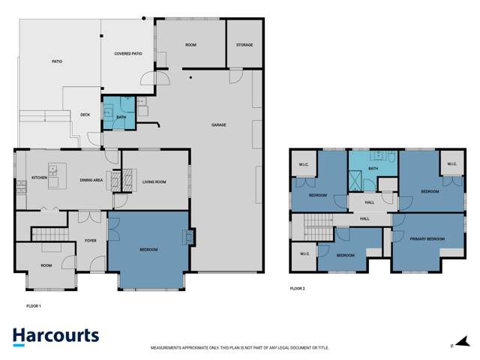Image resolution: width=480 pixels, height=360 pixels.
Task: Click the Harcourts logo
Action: point(56,336)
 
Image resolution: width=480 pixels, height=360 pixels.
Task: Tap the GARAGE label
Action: point(218,125)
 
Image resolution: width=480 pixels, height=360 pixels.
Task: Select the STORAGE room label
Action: point(244,45)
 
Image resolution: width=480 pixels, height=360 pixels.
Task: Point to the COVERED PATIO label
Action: point(128,54)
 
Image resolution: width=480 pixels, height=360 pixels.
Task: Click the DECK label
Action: point(85,115)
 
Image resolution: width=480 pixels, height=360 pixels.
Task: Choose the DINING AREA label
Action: point(91,181)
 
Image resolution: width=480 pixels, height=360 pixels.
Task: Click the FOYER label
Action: point(90,241)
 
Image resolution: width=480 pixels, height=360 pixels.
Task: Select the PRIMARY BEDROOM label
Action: point(427,239)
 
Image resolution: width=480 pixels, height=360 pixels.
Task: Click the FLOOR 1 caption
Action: point(34,306)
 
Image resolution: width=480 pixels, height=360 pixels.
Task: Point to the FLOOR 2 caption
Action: point(297,288)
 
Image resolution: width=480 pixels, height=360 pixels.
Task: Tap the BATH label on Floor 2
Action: point(372,169)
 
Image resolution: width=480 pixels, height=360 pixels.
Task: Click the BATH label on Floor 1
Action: point(121,118)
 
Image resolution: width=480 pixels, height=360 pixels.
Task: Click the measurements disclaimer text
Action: point(240,348)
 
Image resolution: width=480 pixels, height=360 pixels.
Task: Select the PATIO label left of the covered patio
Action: point(57,62)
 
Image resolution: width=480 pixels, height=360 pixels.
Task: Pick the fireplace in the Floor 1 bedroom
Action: point(187,238)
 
